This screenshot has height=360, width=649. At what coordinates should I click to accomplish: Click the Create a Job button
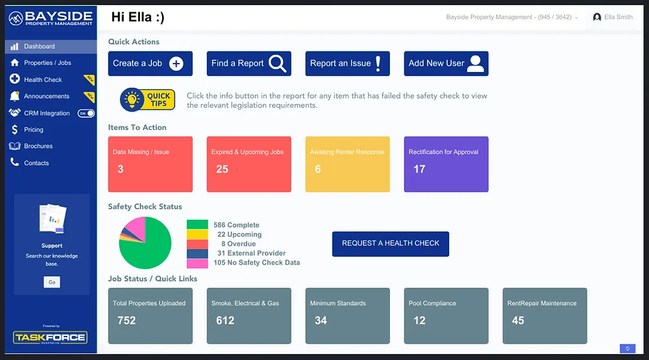click(x=150, y=64)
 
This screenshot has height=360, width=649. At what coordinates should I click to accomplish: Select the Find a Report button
click(x=249, y=64)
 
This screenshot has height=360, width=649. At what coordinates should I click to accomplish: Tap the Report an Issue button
click(x=347, y=64)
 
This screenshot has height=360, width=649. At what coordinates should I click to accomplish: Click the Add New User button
click(x=446, y=64)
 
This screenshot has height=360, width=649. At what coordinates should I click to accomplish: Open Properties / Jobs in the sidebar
click(x=47, y=63)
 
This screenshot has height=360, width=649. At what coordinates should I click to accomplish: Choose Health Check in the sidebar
click(x=43, y=80)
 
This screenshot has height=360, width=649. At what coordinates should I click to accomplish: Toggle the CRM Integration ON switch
click(x=86, y=114)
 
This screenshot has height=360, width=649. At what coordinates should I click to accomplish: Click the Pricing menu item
click(x=34, y=130)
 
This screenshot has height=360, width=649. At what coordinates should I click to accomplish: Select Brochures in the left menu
click(x=38, y=147)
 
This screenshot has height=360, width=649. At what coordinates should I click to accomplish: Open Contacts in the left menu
click(x=36, y=163)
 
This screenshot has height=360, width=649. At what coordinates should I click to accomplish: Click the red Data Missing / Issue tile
click(x=150, y=164)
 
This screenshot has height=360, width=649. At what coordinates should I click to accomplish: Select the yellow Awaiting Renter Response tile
click(x=347, y=164)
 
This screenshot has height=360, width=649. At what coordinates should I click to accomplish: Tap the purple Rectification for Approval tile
click(x=446, y=164)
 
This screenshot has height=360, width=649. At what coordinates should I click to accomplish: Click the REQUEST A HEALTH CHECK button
click(x=390, y=243)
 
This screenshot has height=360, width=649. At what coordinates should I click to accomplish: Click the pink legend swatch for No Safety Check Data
click(x=197, y=263)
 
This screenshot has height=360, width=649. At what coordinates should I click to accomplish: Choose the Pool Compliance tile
click(x=446, y=316)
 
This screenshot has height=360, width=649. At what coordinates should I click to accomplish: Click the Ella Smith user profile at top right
click(x=613, y=18)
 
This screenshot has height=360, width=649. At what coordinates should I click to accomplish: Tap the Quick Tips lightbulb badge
click(x=147, y=100)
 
